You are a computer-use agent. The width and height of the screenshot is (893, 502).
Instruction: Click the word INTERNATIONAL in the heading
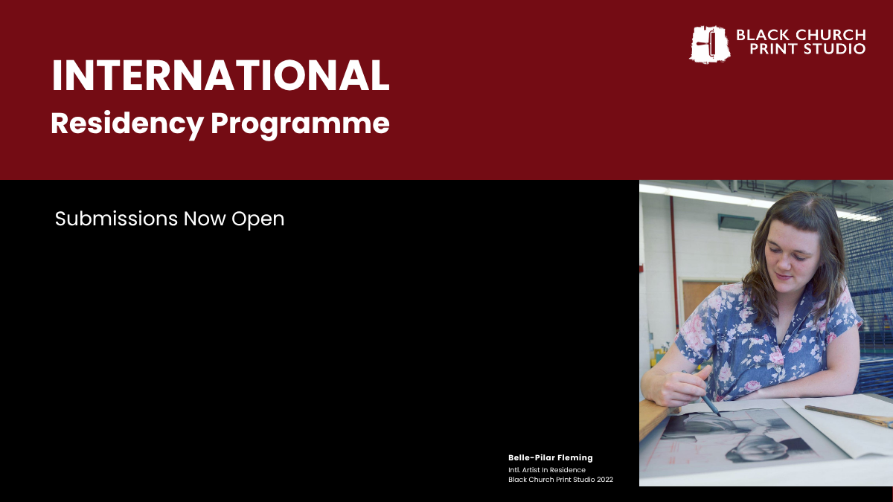click(220, 76)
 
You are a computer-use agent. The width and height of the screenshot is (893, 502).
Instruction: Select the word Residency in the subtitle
click(127, 124)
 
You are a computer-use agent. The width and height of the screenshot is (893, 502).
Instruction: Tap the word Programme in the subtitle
click(300, 125)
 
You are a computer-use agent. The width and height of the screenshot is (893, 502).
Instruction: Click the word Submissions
click(116, 219)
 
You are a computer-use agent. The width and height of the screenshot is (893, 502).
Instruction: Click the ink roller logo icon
click(710, 44)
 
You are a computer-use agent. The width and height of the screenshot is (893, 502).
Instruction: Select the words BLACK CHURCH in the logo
click(801, 35)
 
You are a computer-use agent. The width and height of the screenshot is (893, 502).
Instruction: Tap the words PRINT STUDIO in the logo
click(807, 48)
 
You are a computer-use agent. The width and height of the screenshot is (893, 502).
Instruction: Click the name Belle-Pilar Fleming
click(551, 458)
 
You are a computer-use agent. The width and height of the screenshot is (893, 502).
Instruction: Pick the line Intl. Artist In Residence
click(547, 470)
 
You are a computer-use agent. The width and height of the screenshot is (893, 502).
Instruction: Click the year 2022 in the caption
click(605, 480)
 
